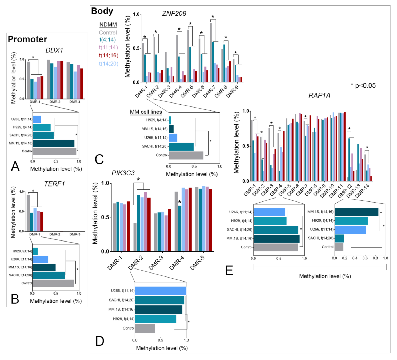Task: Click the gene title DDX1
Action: [54, 50]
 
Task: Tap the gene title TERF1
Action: [54, 184]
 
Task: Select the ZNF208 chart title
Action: [174, 14]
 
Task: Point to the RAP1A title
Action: [319, 95]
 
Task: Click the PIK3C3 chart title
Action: [123, 173]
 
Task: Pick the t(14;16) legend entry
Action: [109, 56]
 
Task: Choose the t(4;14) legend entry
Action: [108, 40]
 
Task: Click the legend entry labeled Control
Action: [108, 33]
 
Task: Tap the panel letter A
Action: [15, 166]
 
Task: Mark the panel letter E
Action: [229, 270]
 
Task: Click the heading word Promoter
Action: [27, 39]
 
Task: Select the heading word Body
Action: [102, 11]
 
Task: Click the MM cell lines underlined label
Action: [146, 112]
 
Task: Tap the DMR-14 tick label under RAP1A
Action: [362, 190]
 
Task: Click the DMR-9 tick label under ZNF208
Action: [232, 92]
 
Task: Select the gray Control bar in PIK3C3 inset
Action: [145, 328]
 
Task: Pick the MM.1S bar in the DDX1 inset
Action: [53, 143]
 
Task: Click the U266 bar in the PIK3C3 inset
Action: [160, 291]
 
